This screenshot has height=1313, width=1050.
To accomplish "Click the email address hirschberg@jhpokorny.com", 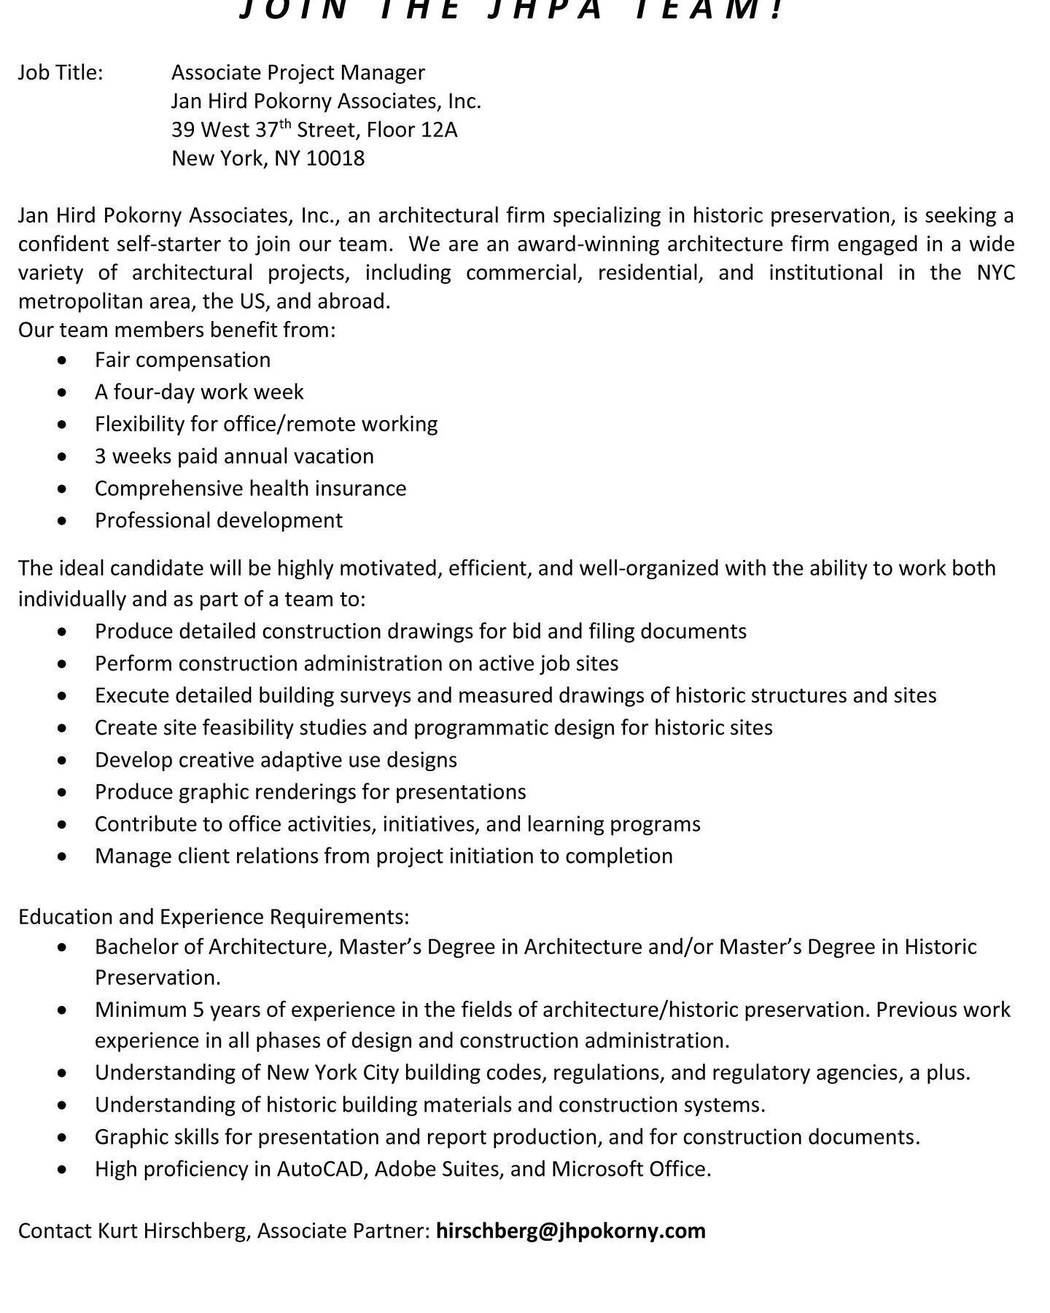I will pos(570,1231).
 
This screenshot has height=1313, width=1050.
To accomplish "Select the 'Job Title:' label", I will pos(61,72).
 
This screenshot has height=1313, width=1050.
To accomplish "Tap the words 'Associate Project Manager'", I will pos(297,72).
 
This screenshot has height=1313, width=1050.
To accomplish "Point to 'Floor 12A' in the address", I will pos(412,130).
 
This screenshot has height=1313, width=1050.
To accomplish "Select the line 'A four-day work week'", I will pos(198,392).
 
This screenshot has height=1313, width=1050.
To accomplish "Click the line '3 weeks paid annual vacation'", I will pos(233,457).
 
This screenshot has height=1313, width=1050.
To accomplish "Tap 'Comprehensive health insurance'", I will pos(250,489).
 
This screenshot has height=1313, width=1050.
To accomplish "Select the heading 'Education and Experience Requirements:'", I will pos(213,917).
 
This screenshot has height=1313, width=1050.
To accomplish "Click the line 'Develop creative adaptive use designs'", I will pos(275,760).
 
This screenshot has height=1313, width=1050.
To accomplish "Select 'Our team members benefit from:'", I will pos(176,330).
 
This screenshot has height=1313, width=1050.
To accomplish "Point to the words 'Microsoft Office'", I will pos(629,1169).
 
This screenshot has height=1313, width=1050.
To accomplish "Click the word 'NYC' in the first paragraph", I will pos(995,273).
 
